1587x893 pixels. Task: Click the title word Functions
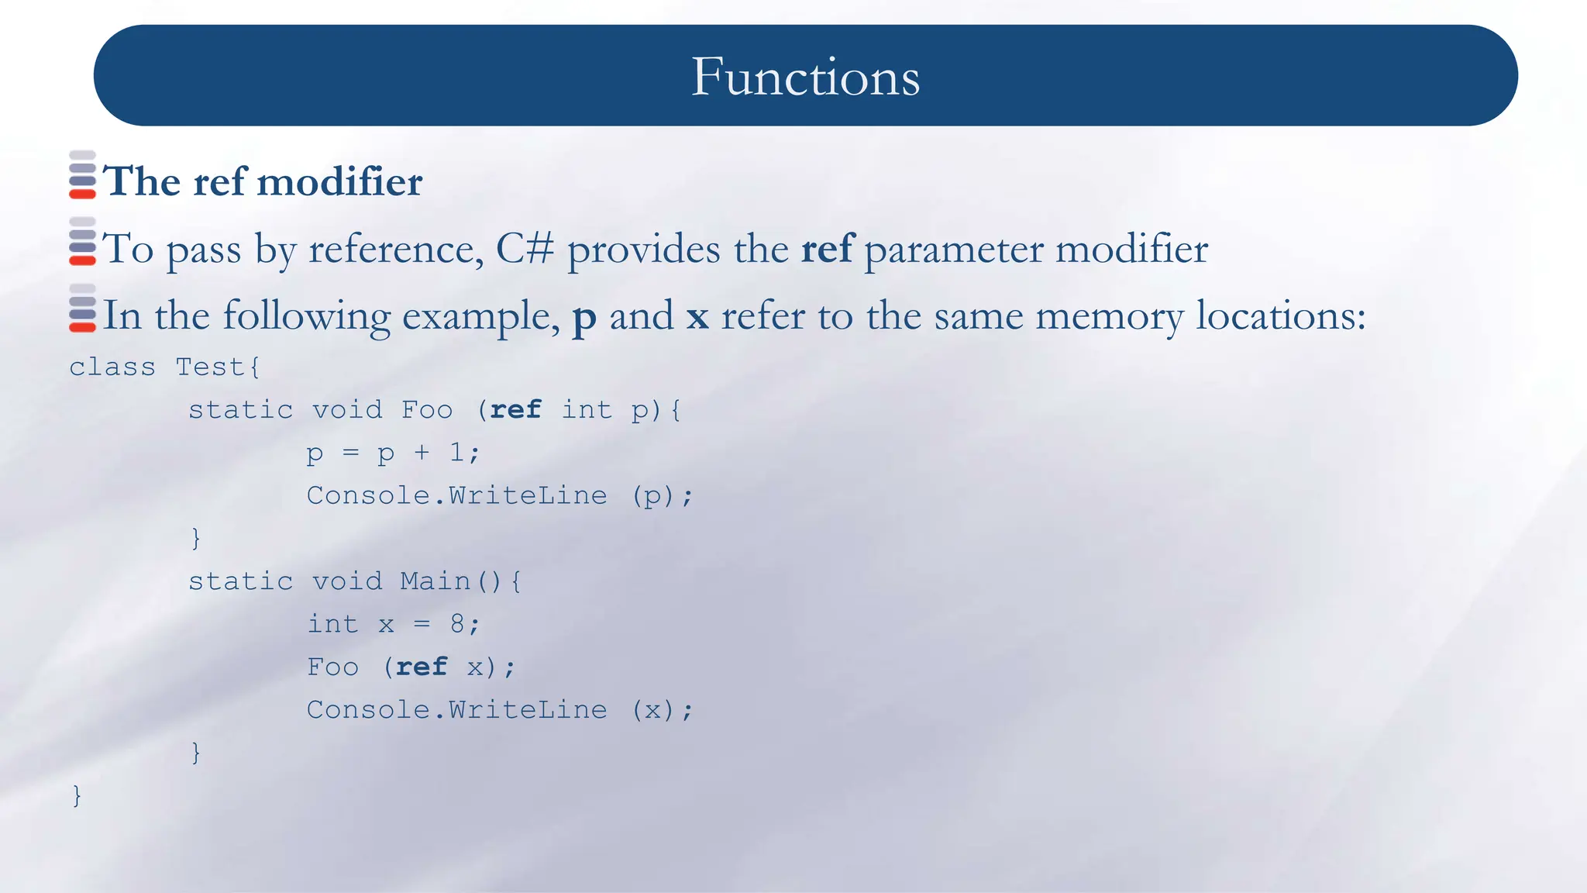[805, 77]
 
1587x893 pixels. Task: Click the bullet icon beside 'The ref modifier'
[82, 175]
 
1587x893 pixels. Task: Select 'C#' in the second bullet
[525, 249]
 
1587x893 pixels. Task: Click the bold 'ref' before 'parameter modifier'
[827, 249]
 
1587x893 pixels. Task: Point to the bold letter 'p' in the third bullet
[584, 317]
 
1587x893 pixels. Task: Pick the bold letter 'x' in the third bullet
[697, 317]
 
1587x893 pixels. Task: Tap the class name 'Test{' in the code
[218, 367]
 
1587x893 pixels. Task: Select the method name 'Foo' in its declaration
[427, 409]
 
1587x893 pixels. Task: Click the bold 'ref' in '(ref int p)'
[515, 409]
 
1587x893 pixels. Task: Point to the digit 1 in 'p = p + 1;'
[456, 452]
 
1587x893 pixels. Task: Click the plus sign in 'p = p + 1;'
[422, 452]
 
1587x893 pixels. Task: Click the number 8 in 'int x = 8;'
[457, 624]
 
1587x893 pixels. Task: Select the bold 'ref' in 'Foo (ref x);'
[422, 667]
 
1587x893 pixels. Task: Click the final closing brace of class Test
[76, 795]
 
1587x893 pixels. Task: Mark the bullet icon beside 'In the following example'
[82, 309]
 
